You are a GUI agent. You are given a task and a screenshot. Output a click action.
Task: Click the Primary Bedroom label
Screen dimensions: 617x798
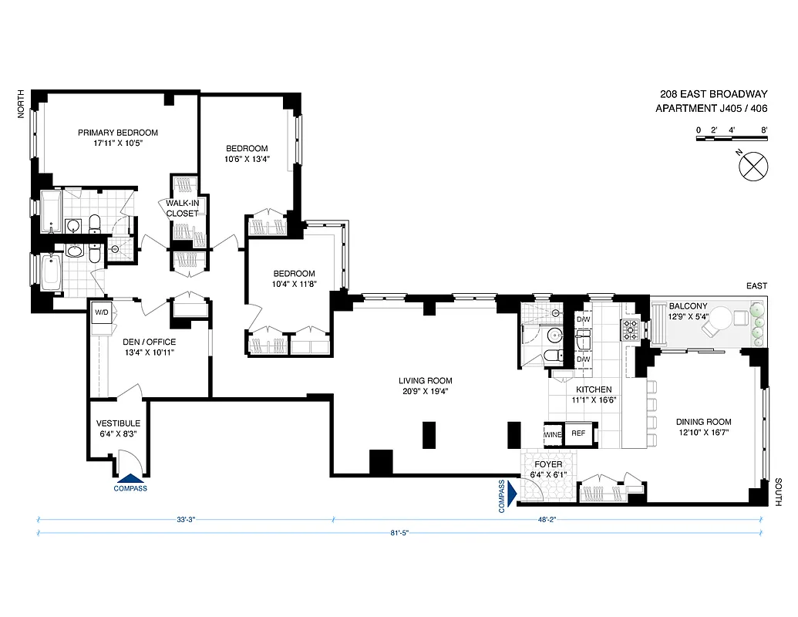118,133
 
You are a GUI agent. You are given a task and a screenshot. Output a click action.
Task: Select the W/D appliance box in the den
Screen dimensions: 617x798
101,313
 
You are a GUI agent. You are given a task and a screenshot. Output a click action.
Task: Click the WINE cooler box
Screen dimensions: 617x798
554,434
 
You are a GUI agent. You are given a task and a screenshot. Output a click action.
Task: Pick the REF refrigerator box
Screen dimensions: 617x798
578,434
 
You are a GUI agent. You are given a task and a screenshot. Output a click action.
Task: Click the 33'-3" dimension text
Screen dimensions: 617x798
186,519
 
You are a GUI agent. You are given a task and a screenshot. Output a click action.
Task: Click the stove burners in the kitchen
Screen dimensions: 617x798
631,329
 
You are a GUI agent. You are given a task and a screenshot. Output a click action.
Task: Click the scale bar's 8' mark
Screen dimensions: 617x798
764,130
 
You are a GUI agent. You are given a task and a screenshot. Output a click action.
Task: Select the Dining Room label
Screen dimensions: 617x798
703,422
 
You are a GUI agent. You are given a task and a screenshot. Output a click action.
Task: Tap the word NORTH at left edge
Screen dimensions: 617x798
22,104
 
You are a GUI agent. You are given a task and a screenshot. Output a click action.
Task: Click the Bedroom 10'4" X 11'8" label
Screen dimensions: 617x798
295,274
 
